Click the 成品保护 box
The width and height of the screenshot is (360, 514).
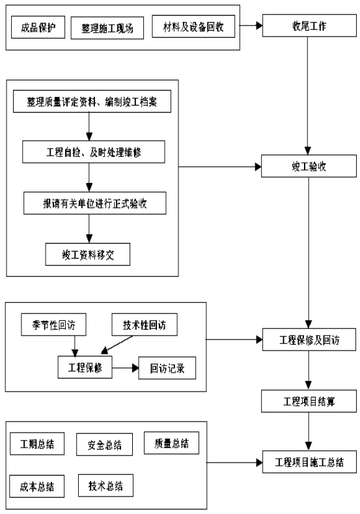point(38,27)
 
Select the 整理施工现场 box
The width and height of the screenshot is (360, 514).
point(107,28)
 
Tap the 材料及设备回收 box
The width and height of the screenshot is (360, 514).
point(193,26)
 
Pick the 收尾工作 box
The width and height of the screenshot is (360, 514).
point(309,25)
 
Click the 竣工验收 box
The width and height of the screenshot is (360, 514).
point(309,166)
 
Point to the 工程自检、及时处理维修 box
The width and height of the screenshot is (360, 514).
point(94,152)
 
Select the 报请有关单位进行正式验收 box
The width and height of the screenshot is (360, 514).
point(94,203)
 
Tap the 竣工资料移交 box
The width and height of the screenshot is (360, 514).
point(88,254)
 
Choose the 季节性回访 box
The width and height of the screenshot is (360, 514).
point(54,324)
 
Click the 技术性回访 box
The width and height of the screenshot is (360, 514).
point(145,324)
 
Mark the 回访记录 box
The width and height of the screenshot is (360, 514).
point(167,368)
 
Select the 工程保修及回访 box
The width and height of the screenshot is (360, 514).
point(309,339)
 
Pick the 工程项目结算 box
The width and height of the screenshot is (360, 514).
point(309,401)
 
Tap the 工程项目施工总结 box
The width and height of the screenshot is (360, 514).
point(309,462)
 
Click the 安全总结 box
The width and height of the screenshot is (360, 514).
point(105,444)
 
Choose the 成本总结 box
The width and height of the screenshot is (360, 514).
point(37,486)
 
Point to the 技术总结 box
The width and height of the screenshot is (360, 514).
point(106,485)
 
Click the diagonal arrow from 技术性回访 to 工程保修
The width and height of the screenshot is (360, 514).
point(117,345)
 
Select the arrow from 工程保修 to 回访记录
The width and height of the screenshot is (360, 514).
point(126,368)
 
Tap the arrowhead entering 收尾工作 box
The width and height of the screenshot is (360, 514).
point(259,25)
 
